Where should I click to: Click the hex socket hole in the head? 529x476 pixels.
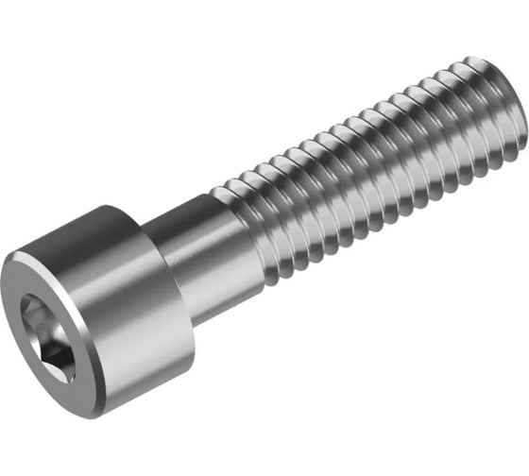point(45,336)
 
